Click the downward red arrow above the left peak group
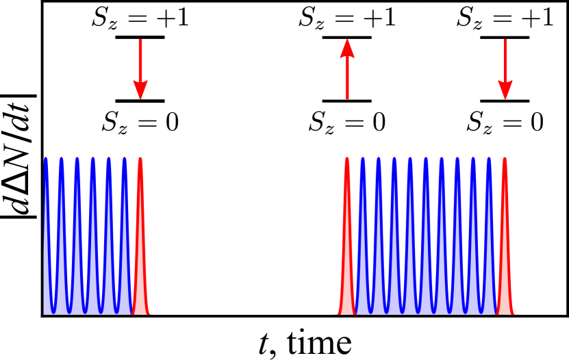click(140, 68)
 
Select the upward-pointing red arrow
click(347, 68)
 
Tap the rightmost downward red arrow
click(505, 68)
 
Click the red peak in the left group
click(140, 260)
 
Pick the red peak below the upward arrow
click(347, 260)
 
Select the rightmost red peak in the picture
click(505, 260)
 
